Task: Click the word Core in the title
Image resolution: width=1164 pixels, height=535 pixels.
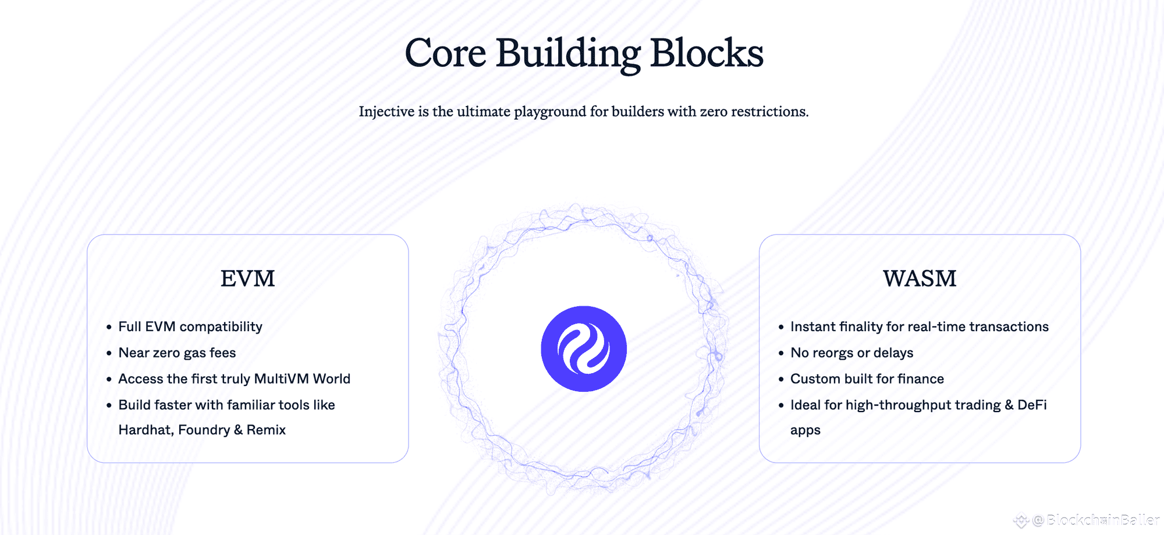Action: [x=445, y=54]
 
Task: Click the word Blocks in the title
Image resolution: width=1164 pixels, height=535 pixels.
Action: [x=706, y=54]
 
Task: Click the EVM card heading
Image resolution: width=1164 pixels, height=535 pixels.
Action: [x=247, y=279]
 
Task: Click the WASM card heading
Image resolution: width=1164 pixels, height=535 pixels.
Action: [x=920, y=279]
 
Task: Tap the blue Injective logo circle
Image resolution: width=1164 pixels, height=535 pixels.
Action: [x=584, y=349]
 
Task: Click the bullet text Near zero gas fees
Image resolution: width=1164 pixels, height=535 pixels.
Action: [x=177, y=353]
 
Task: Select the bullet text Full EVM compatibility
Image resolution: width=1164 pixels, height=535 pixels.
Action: [x=190, y=327]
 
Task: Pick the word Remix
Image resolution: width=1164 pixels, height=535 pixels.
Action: [x=266, y=430]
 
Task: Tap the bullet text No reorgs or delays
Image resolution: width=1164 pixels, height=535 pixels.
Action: [x=851, y=353]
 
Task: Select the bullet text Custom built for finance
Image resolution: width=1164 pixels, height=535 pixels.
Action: [x=867, y=379]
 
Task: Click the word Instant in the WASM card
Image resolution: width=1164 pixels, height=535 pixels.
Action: [x=812, y=327]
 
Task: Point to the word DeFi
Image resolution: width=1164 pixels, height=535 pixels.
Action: [x=1032, y=405]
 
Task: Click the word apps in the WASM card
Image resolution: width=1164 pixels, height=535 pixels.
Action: [x=805, y=431]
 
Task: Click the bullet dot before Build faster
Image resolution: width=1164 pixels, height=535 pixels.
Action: [x=109, y=405]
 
